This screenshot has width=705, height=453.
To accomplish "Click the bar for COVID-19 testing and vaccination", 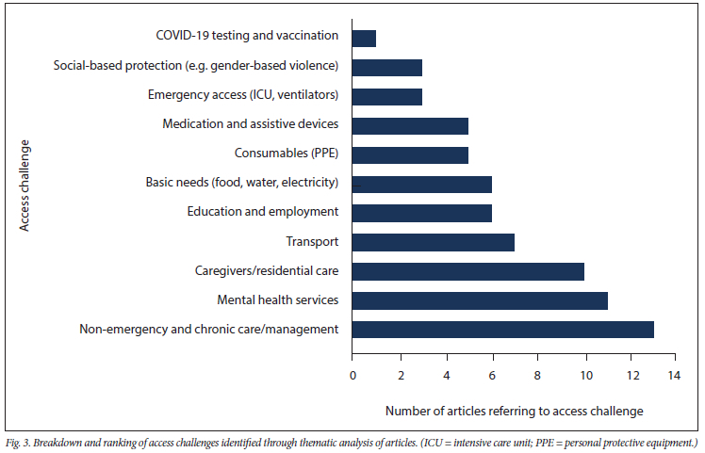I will point(364,38).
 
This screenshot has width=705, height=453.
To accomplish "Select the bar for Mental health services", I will point(480,300).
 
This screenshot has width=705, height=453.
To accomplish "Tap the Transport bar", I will point(434,242).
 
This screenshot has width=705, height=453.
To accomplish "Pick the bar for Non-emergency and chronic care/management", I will point(502,330).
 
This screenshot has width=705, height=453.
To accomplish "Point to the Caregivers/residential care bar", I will point(468,271).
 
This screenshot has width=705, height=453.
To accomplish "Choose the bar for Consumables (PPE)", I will point(410,154).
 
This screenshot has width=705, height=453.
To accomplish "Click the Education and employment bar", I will point(422,213).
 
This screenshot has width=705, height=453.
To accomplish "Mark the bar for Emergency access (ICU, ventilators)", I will point(387,96).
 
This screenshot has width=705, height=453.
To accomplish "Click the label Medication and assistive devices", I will point(250,124).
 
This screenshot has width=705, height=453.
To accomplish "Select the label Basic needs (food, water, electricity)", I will point(242,183).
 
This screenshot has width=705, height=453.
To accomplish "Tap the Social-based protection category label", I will point(198,66).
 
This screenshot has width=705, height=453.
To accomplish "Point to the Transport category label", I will point(312,242).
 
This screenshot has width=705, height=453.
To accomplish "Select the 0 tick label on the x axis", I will point(352,375).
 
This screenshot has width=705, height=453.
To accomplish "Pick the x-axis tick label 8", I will point(537,375).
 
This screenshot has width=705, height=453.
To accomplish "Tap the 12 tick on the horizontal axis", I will point(630,375).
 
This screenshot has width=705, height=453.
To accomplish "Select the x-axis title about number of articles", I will point(514,411).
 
